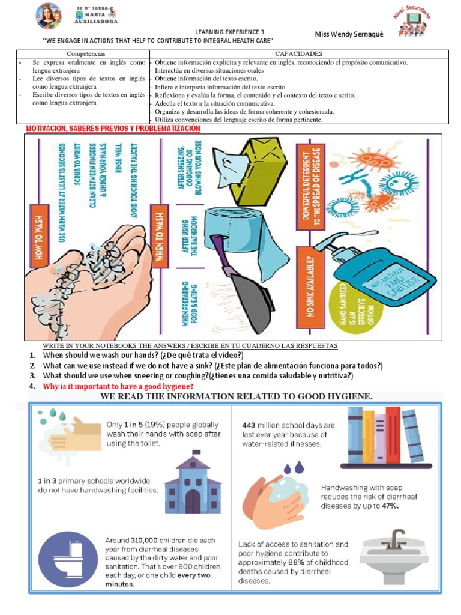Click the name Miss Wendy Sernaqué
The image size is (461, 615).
[349, 34]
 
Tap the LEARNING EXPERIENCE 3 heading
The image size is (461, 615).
[229, 31]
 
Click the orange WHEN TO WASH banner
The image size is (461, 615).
[159, 235]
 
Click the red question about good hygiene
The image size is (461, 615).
[118, 386]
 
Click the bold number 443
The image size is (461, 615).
[250, 425]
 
